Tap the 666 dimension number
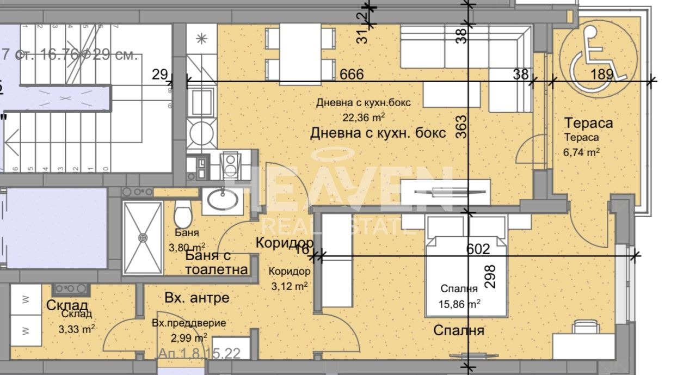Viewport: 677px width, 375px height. (x=352, y=75)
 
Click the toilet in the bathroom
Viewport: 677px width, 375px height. (x=183, y=215)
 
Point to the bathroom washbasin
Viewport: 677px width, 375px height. (x=222, y=199)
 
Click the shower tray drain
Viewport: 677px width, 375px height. (x=143, y=238)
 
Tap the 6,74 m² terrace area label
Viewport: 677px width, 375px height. (x=582, y=152)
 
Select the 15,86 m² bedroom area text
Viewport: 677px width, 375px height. (x=459, y=304)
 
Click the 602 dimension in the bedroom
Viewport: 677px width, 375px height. (x=478, y=249)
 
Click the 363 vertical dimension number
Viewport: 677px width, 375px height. (x=461, y=127)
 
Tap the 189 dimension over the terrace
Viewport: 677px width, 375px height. (x=601, y=75)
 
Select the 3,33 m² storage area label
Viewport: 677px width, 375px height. (x=77, y=328)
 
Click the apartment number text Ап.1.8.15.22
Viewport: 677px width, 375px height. (x=199, y=354)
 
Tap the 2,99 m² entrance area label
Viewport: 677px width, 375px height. (x=186, y=337)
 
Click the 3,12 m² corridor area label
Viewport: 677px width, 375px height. (x=290, y=285)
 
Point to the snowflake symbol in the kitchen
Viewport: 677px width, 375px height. (x=201, y=39)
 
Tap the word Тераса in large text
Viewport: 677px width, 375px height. (x=588, y=123)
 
